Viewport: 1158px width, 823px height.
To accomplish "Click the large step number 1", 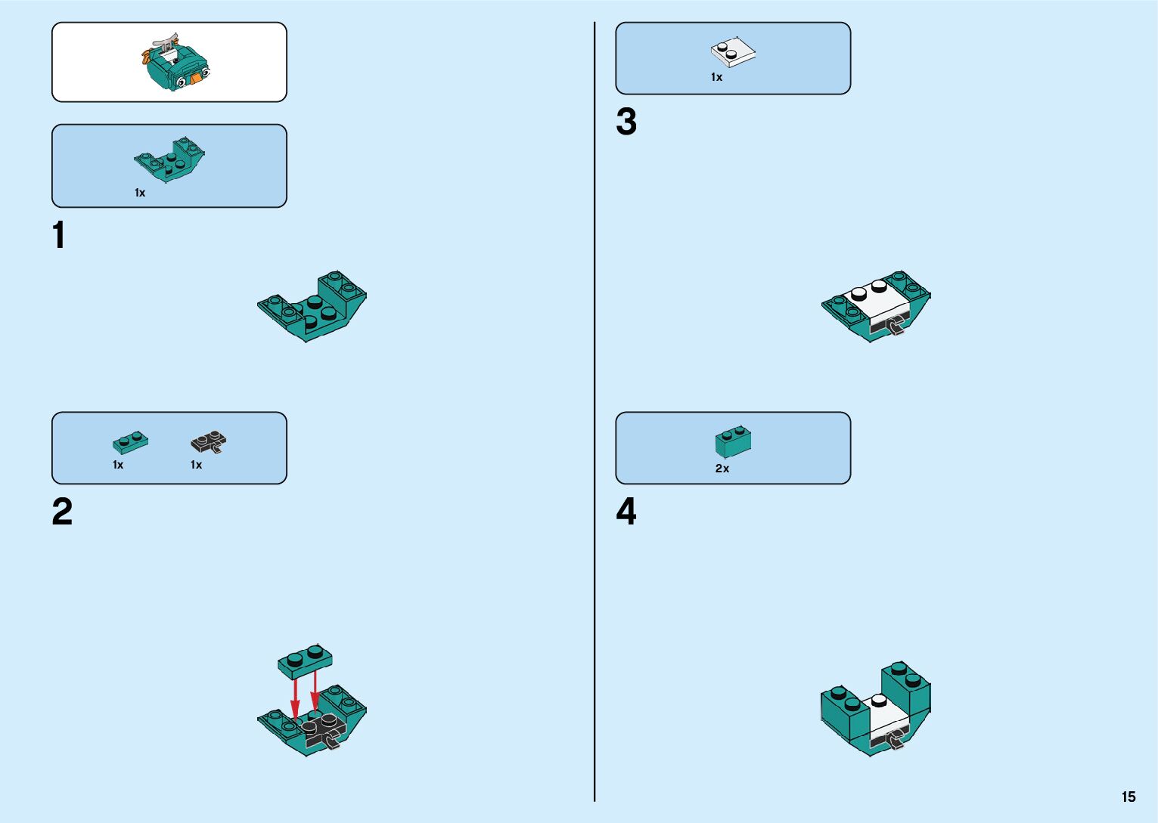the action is [59, 235].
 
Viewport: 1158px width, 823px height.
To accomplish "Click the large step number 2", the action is [62, 512].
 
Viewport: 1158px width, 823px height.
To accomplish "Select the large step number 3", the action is [626, 122].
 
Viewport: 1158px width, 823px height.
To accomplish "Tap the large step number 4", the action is [626, 512].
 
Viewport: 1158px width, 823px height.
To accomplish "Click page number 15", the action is [1129, 797].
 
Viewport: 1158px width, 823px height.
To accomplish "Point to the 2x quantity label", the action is [722, 469].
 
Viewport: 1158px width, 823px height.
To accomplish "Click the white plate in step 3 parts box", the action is [733, 52].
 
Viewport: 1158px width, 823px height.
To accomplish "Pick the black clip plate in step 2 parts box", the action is [209, 441].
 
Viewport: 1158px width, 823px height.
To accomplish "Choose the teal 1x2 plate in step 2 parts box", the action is [130, 441].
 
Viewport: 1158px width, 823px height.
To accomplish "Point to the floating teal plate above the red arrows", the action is [305, 661].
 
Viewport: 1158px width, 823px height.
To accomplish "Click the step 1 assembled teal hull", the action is [312, 306].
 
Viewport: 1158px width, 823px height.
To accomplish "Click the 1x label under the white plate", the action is [716, 77].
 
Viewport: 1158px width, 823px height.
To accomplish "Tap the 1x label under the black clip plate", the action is [196, 465].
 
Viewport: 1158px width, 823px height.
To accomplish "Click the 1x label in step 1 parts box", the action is [140, 193].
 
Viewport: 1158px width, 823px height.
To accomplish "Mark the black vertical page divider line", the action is [595, 412].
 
